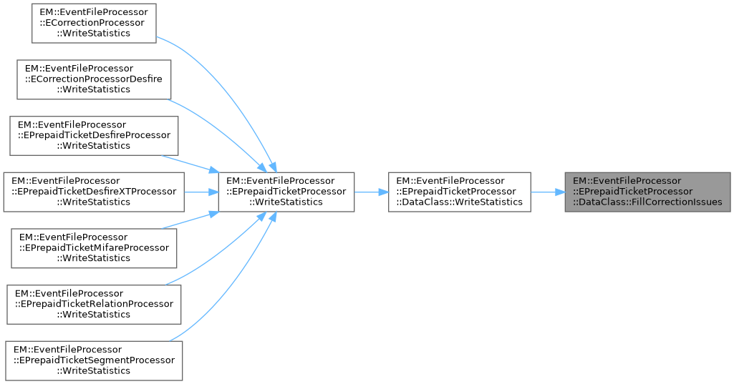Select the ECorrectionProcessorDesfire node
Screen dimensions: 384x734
(x=95, y=79)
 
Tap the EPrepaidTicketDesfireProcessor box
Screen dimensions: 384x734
(x=95, y=135)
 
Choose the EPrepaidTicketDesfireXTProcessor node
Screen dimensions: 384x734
(x=95, y=191)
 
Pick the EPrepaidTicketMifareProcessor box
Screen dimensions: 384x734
(x=95, y=247)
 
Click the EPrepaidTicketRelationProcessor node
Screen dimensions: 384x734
(x=95, y=303)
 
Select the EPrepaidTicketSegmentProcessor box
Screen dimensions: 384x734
(x=95, y=360)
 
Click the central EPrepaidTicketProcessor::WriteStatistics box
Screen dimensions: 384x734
(x=286, y=191)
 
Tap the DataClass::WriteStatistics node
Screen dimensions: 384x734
(x=459, y=191)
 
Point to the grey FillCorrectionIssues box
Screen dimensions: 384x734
(x=647, y=191)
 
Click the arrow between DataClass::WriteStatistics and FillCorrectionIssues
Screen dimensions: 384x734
(x=548, y=192)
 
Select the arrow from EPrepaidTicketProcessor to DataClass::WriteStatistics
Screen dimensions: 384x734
(x=371, y=192)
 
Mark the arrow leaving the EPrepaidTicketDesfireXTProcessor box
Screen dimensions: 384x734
(x=201, y=192)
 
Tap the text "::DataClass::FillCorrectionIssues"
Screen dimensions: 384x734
(x=647, y=202)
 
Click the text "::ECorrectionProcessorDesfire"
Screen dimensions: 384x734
(x=95, y=79)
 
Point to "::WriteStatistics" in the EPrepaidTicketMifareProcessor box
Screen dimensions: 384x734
(x=95, y=258)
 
